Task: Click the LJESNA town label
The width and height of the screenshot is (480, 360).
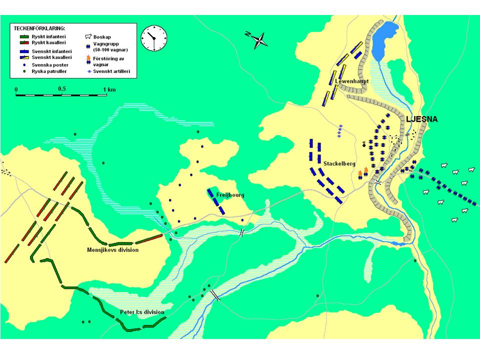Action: [x=421, y=119]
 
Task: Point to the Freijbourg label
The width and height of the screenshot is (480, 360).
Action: [x=230, y=195]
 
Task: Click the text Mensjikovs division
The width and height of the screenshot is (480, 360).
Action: [x=112, y=249]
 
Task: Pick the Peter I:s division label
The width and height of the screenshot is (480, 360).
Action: [x=142, y=312]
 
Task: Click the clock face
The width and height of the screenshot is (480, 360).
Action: [x=153, y=38]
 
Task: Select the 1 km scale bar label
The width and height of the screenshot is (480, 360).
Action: [x=108, y=89]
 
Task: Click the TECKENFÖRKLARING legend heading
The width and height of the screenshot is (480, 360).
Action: [x=39, y=29]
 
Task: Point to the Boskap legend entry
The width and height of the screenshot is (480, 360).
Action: [x=102, y=36]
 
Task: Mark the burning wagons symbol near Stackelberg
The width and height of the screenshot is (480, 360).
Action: [x=363, y=173]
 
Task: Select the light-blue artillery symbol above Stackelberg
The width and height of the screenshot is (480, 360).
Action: [x=339, y=131]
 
